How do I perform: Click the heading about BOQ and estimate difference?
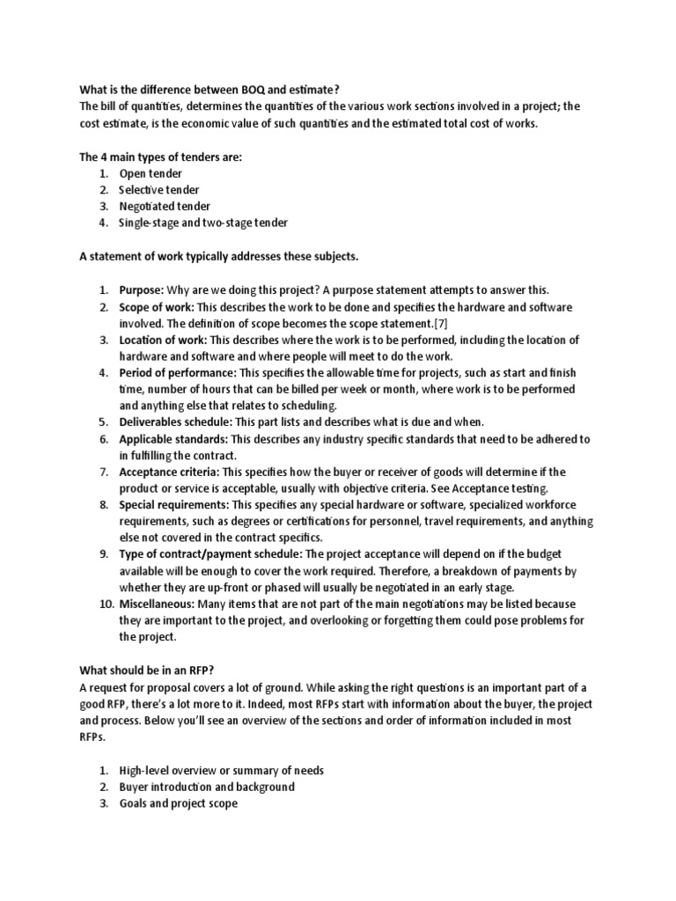(209, 90)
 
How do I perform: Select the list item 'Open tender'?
(151, 173)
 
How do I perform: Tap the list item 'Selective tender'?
(159, 190)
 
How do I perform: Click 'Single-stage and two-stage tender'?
(203, 223)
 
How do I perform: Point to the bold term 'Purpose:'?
(142, 289)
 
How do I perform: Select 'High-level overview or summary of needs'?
(222, 770)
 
